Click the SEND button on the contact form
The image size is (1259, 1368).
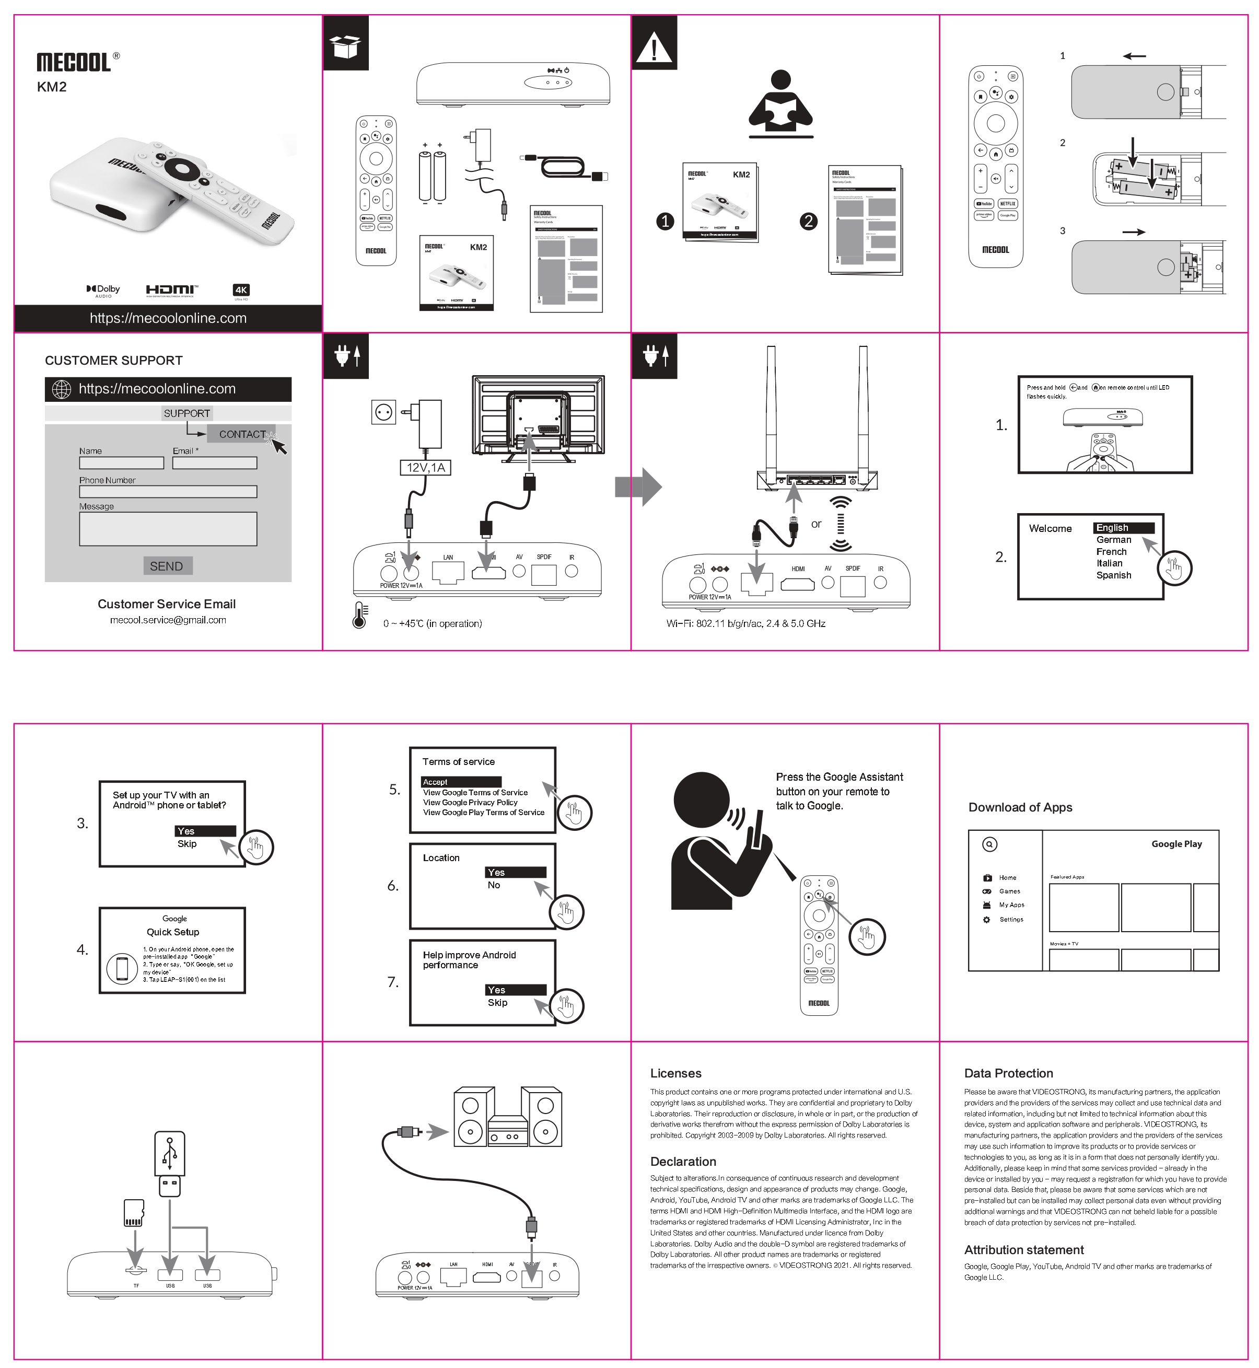pos(167,566)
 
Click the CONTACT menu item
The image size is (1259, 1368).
pos(242,434)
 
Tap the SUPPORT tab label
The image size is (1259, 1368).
pos(186,413)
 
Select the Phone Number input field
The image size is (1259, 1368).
pos(168,492)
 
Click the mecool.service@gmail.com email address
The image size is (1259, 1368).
pos(168,620)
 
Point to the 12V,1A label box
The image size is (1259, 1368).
pos(425,467)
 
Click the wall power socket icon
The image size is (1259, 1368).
pos(383,412)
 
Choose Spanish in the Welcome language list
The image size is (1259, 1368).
pos(1113,575)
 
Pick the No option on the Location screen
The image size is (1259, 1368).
pos(494,885)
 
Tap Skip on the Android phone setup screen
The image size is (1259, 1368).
pos(186,843)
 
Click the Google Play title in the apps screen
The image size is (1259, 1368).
pos(1176,843)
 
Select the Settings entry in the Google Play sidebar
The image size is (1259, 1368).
pos(1011,920)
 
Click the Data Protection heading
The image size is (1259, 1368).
pos(1008,1073)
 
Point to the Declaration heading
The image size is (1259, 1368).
pos(683,1162)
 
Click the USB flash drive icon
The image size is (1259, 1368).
pos(170,1164)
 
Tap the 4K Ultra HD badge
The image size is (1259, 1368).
pos(241,290)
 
